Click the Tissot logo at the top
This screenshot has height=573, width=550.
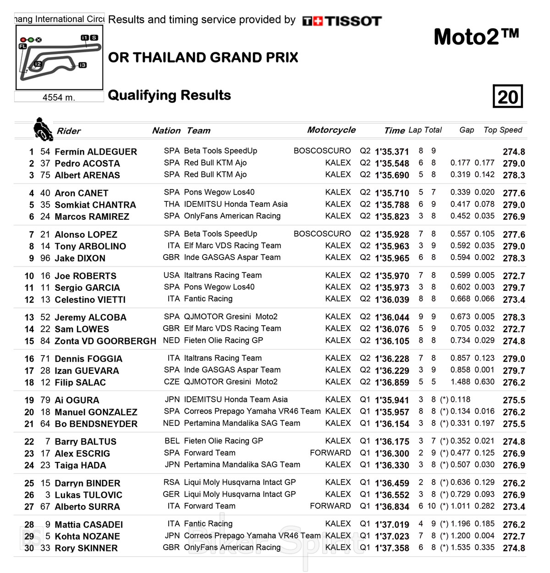(341, 21)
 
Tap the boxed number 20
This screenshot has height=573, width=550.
(508, 96)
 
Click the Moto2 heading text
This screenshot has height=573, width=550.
(476, 37)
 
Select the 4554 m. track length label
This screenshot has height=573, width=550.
(59, 97)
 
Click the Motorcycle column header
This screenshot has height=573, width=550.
(331, 130)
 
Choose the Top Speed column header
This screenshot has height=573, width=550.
(503, 130)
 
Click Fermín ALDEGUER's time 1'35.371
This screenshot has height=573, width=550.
(392, 152)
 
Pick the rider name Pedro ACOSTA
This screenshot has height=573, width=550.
(87, 163)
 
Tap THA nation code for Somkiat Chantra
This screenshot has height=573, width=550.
(172, 204)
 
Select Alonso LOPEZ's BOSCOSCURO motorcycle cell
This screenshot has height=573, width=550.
(322, 234)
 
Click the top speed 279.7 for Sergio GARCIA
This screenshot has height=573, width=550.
(514, 288)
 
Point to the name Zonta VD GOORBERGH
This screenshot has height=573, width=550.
(105, 341)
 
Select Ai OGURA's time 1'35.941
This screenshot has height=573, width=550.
(392, 400)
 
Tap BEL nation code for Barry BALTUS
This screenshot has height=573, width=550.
(172, 441)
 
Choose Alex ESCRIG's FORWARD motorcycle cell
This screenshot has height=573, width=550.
(330, 453)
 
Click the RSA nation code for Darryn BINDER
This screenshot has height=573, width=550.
(172, 482)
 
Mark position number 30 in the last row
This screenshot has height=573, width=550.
(29, 548)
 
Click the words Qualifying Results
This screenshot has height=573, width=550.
(169, 95)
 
